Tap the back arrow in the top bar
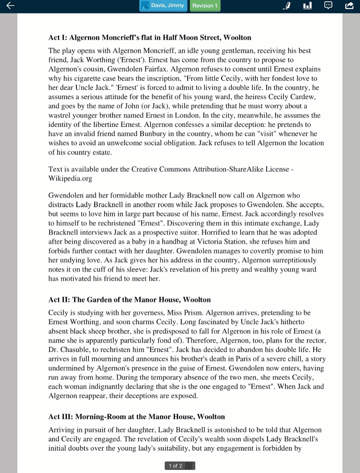tap(10, 5)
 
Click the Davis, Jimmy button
tap(163, 6)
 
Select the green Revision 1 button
tap(205, 6)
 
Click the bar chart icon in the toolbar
tap(307, 5)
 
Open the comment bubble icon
tap(328, 5)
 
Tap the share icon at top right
tap(349, 5)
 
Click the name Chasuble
tap(76, 349)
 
